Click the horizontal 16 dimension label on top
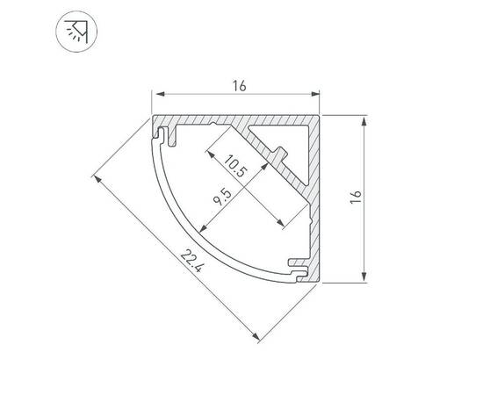pyautogui.click(x=239, y=85)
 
